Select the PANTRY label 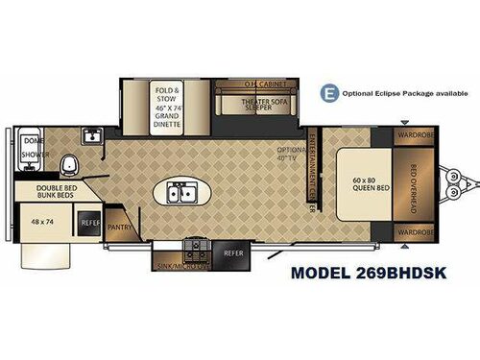(x=121, y=228)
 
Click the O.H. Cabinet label (x=241, y=84)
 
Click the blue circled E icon (x=331, y=92)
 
